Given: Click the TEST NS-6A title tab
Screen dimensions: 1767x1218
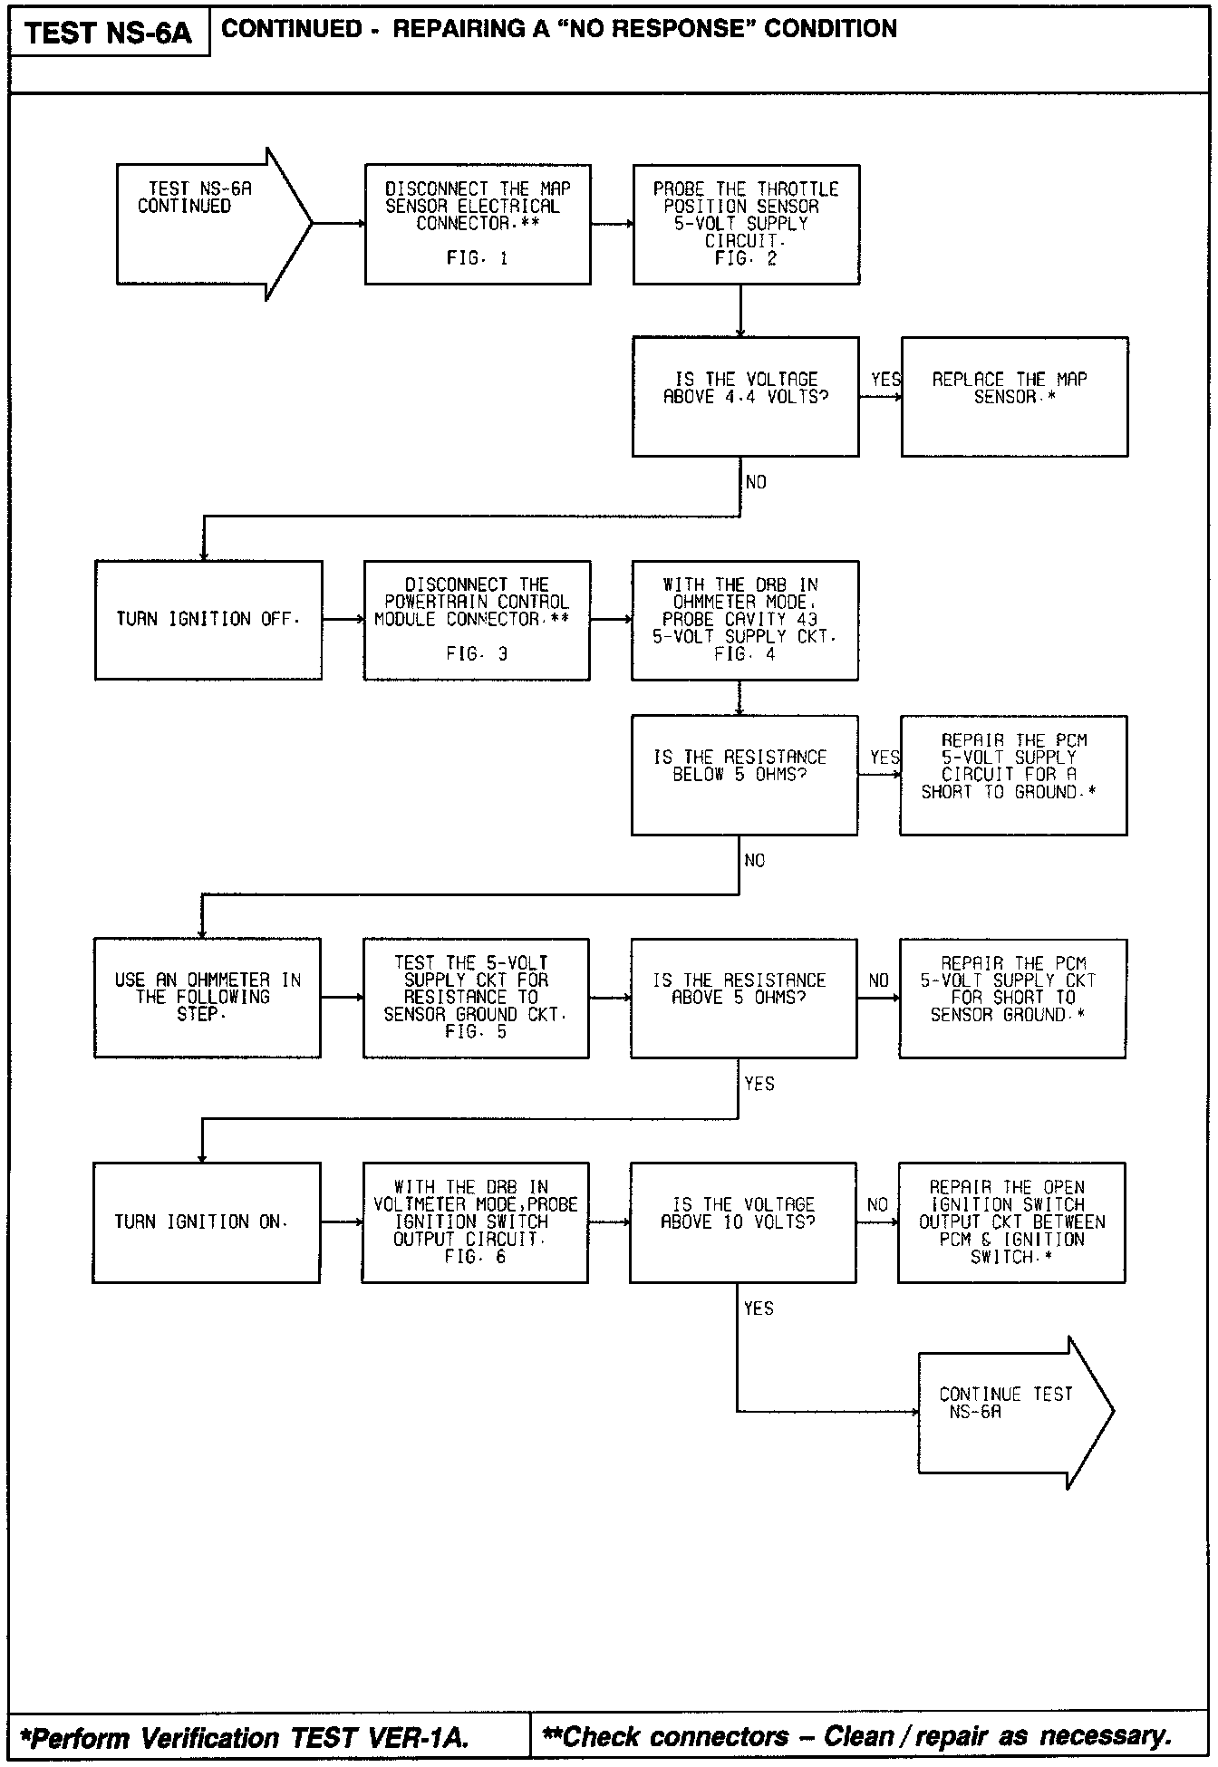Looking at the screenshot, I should (109, 34).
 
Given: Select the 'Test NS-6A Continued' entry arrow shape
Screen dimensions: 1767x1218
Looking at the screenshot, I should (208, 224).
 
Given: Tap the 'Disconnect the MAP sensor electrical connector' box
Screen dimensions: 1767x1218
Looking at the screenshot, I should (478, 224).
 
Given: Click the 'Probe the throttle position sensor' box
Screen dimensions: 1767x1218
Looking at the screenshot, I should (746, 224).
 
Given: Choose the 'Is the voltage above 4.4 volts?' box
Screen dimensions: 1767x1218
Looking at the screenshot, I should (745, 396).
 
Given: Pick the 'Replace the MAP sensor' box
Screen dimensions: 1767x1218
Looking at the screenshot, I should (1014, 396).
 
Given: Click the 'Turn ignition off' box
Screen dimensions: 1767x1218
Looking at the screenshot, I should (208, 620).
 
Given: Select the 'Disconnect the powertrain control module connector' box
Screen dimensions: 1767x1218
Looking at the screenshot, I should (477, 620).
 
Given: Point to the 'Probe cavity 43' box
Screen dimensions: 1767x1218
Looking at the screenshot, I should (744, 620).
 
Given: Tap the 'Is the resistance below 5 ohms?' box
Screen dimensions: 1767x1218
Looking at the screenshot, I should (744, 775).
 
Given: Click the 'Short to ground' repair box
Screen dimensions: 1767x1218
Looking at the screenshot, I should (1013, 775).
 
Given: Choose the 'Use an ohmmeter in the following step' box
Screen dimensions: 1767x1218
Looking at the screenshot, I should (207, 998).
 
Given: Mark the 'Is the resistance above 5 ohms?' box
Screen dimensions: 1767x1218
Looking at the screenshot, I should (743, 998).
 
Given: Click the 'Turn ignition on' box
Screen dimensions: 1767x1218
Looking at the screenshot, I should (206, 1222).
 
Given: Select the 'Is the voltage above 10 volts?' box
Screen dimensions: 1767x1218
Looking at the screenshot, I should (742, 1222).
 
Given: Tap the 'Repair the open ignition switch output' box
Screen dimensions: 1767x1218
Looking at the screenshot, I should (1011, 1222).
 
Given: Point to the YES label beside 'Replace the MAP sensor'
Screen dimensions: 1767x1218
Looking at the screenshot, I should (884, 380).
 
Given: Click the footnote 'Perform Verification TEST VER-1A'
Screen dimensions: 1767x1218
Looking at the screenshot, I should (245, 1737).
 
